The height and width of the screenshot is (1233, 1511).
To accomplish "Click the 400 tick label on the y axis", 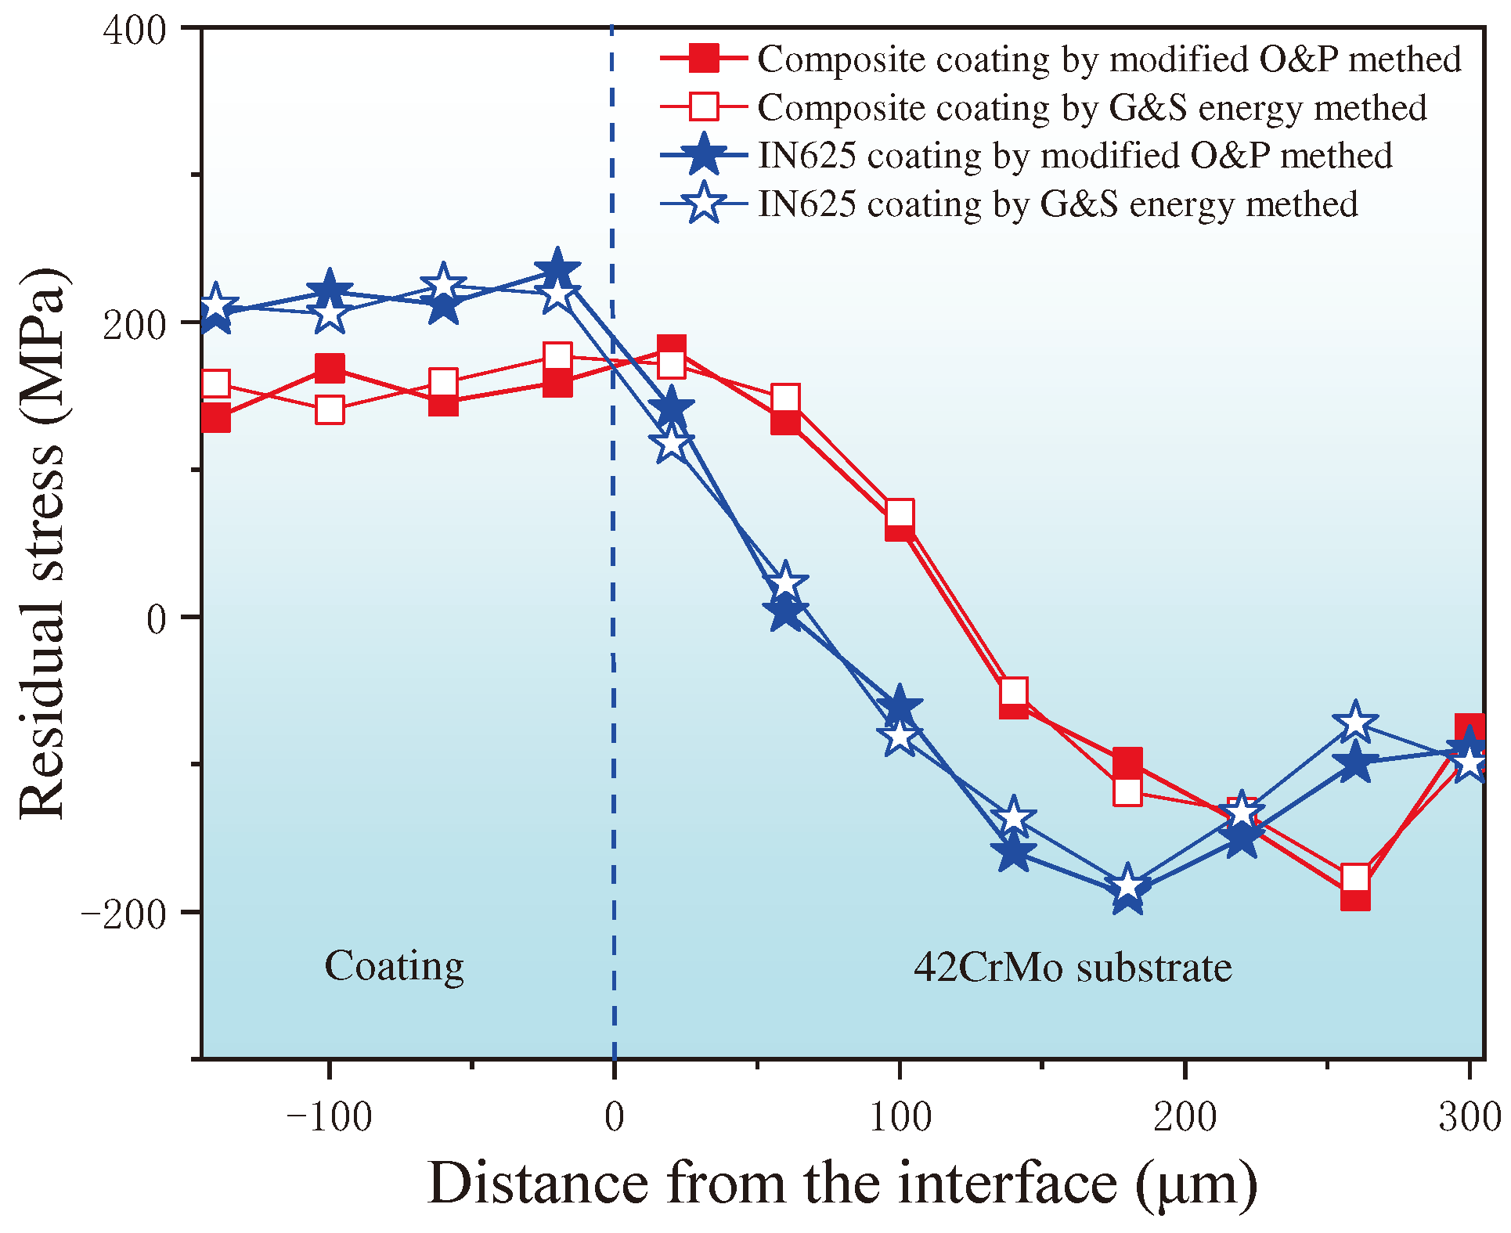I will [135, 31].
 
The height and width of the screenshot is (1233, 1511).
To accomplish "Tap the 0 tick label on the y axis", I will [157, 619].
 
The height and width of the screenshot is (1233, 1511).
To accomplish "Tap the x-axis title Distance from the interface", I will [842, 1183].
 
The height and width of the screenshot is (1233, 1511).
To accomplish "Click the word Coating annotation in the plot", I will [394, 966].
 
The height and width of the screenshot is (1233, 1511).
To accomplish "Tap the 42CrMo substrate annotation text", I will [1073, 968].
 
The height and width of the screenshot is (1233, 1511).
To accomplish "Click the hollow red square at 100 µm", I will [900, 514].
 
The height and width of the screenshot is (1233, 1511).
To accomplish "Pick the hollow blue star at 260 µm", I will [1355, 723].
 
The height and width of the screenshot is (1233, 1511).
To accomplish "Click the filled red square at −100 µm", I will [330, 368].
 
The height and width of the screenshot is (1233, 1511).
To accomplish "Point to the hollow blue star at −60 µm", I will [444, 286].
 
